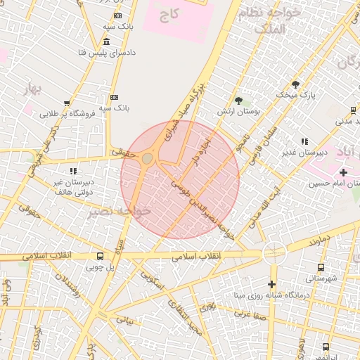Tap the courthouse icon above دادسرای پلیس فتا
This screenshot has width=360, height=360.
coord(106,41)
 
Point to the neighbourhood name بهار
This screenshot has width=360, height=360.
coord(33,89)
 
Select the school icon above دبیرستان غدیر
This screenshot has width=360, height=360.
coord(304,141)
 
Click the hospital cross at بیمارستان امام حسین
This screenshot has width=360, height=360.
coord(343,172)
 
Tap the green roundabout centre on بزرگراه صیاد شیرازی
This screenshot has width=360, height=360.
coord(146,159)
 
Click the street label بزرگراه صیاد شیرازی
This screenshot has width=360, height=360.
coord(181,112)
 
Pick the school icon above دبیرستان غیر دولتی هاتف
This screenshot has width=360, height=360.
coord(72,171)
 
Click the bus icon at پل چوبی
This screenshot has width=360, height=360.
coord(101,257)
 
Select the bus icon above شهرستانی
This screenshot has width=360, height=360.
coord(321,267)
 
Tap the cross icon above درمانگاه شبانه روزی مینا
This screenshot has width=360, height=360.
coord(271,284)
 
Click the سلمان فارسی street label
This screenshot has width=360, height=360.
coord(268,138)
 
